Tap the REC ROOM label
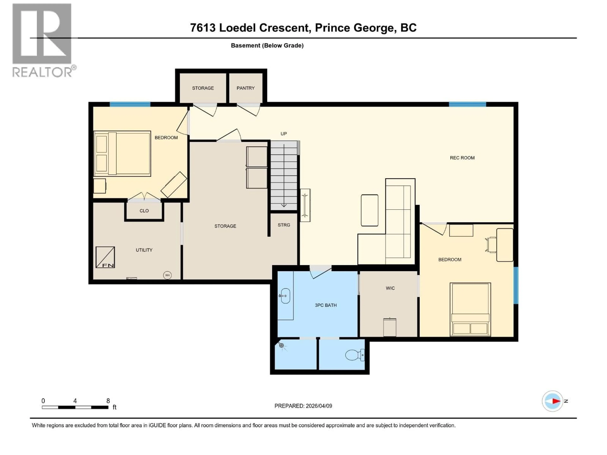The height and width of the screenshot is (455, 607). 462,158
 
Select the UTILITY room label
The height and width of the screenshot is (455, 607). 144,250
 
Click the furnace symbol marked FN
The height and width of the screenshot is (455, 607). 105,257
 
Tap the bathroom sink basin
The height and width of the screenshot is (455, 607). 285,296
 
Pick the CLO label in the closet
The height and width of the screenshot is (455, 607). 144,211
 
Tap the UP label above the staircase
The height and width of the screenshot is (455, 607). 283,133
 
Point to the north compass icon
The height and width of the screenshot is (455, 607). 552,401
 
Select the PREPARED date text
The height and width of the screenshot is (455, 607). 303,406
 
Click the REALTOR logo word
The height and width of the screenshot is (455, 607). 43,72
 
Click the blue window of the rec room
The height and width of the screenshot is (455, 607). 467,104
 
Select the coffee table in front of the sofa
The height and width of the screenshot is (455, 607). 369,210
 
